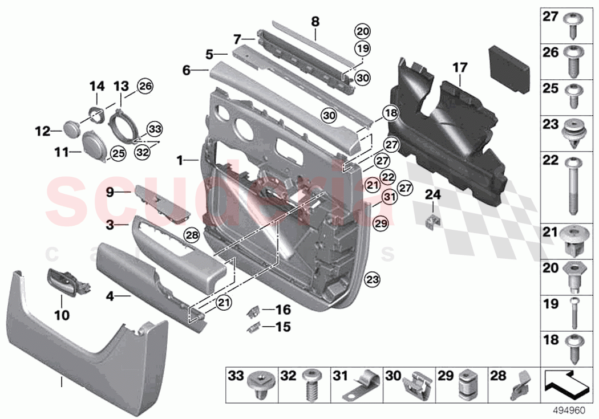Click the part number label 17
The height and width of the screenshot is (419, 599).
[460, 68]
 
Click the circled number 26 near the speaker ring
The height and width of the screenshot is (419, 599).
[145, 87]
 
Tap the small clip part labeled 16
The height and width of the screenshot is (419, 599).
[254, 311]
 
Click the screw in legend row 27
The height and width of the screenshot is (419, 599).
[572, 25]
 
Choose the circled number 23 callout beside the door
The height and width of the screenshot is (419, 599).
[372, 280]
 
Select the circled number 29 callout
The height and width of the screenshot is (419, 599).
[381, 223]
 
